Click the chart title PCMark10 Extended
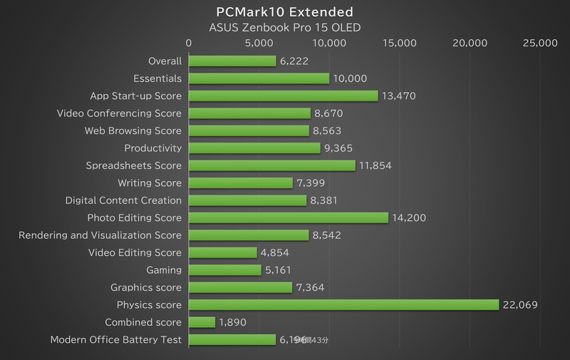point(284,12)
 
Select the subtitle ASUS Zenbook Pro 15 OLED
point(284,29)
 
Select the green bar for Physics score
point(343,305)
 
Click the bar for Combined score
point(202,322)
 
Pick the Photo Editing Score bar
point(289,218)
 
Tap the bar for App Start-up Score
point(283,96)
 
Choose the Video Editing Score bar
point(222,253)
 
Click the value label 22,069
point(519,305)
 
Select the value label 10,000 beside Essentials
point(350,78)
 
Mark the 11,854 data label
point(375,165)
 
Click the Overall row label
point(164,61)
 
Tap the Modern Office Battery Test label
point(115,340)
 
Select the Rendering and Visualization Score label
point(100,235)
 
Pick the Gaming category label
point(163,270)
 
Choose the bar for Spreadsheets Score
point(271,165)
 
